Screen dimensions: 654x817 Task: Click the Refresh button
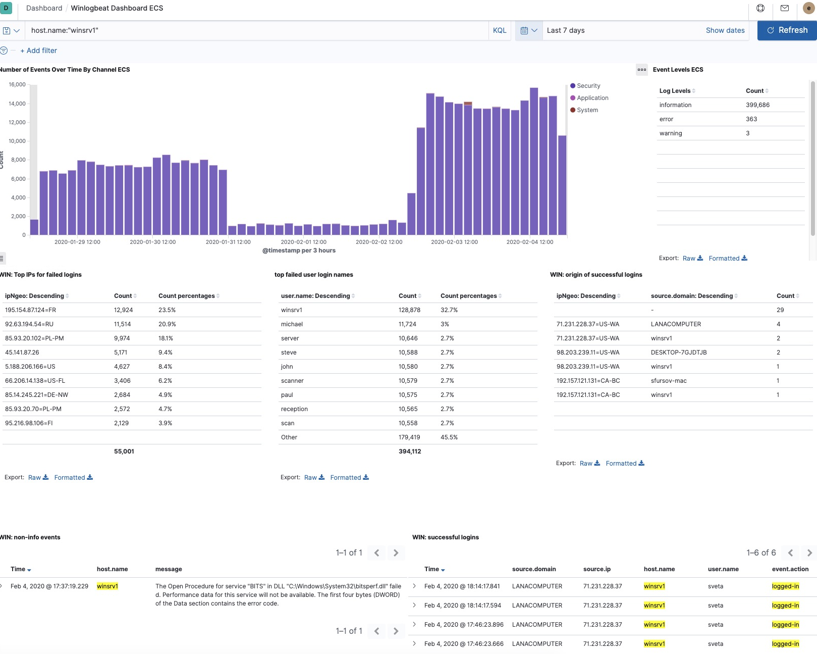pos(787,30)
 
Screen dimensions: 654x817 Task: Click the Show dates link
pos(725,30)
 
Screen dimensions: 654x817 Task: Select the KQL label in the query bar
pos(499,30)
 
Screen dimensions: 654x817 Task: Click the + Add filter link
pos(39,51)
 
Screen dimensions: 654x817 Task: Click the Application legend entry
pos(592,98)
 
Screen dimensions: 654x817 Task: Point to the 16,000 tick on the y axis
pos(17,84)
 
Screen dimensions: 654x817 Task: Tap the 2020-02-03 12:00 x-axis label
pos(454,242)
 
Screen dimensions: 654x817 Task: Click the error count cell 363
pos(751,119)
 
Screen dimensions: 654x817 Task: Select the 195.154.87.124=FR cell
pos(30,310)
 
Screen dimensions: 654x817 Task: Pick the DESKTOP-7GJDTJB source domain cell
pos(678,353)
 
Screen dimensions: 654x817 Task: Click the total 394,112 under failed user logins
pos(409,451)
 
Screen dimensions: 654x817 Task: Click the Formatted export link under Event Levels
pos(727,258)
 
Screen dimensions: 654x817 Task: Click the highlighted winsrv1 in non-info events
pos(107,586)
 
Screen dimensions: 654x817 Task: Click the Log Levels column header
pos(674,91)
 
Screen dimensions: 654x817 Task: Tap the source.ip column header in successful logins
pos(596,569)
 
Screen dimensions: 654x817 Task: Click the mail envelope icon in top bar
pos(784,8)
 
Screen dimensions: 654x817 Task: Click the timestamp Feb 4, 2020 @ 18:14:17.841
pos(462,586)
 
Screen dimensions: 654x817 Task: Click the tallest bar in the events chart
pos(533,162)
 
